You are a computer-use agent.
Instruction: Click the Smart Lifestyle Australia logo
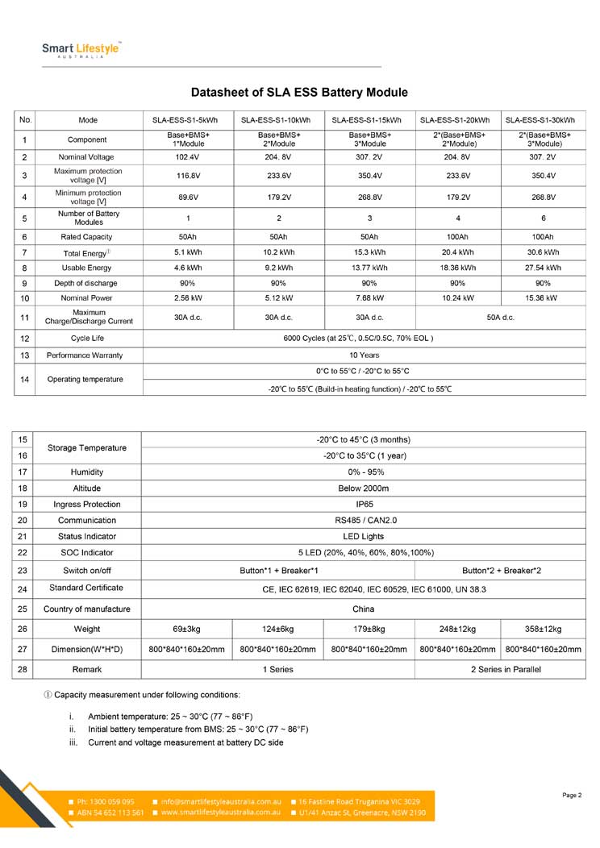click(x=81, y=50)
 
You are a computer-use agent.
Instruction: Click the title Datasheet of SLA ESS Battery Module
click(x=299, y=93)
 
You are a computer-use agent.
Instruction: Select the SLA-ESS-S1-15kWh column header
click(x=369, y=120)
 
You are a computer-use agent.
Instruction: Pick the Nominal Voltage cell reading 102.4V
click(x=188, y=157)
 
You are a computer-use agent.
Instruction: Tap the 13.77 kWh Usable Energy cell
click(x=369, y=268)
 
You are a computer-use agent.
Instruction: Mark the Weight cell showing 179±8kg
click(x=369, y=629)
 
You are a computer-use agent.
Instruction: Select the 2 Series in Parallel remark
click(x=506, y=670)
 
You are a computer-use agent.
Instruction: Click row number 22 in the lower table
click(x=23, y=552)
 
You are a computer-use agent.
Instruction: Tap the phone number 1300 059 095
click(x=105, y=802)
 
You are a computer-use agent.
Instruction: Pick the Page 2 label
click(x=572, y=796)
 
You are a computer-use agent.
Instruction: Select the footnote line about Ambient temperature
click(x=169, y=717)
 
